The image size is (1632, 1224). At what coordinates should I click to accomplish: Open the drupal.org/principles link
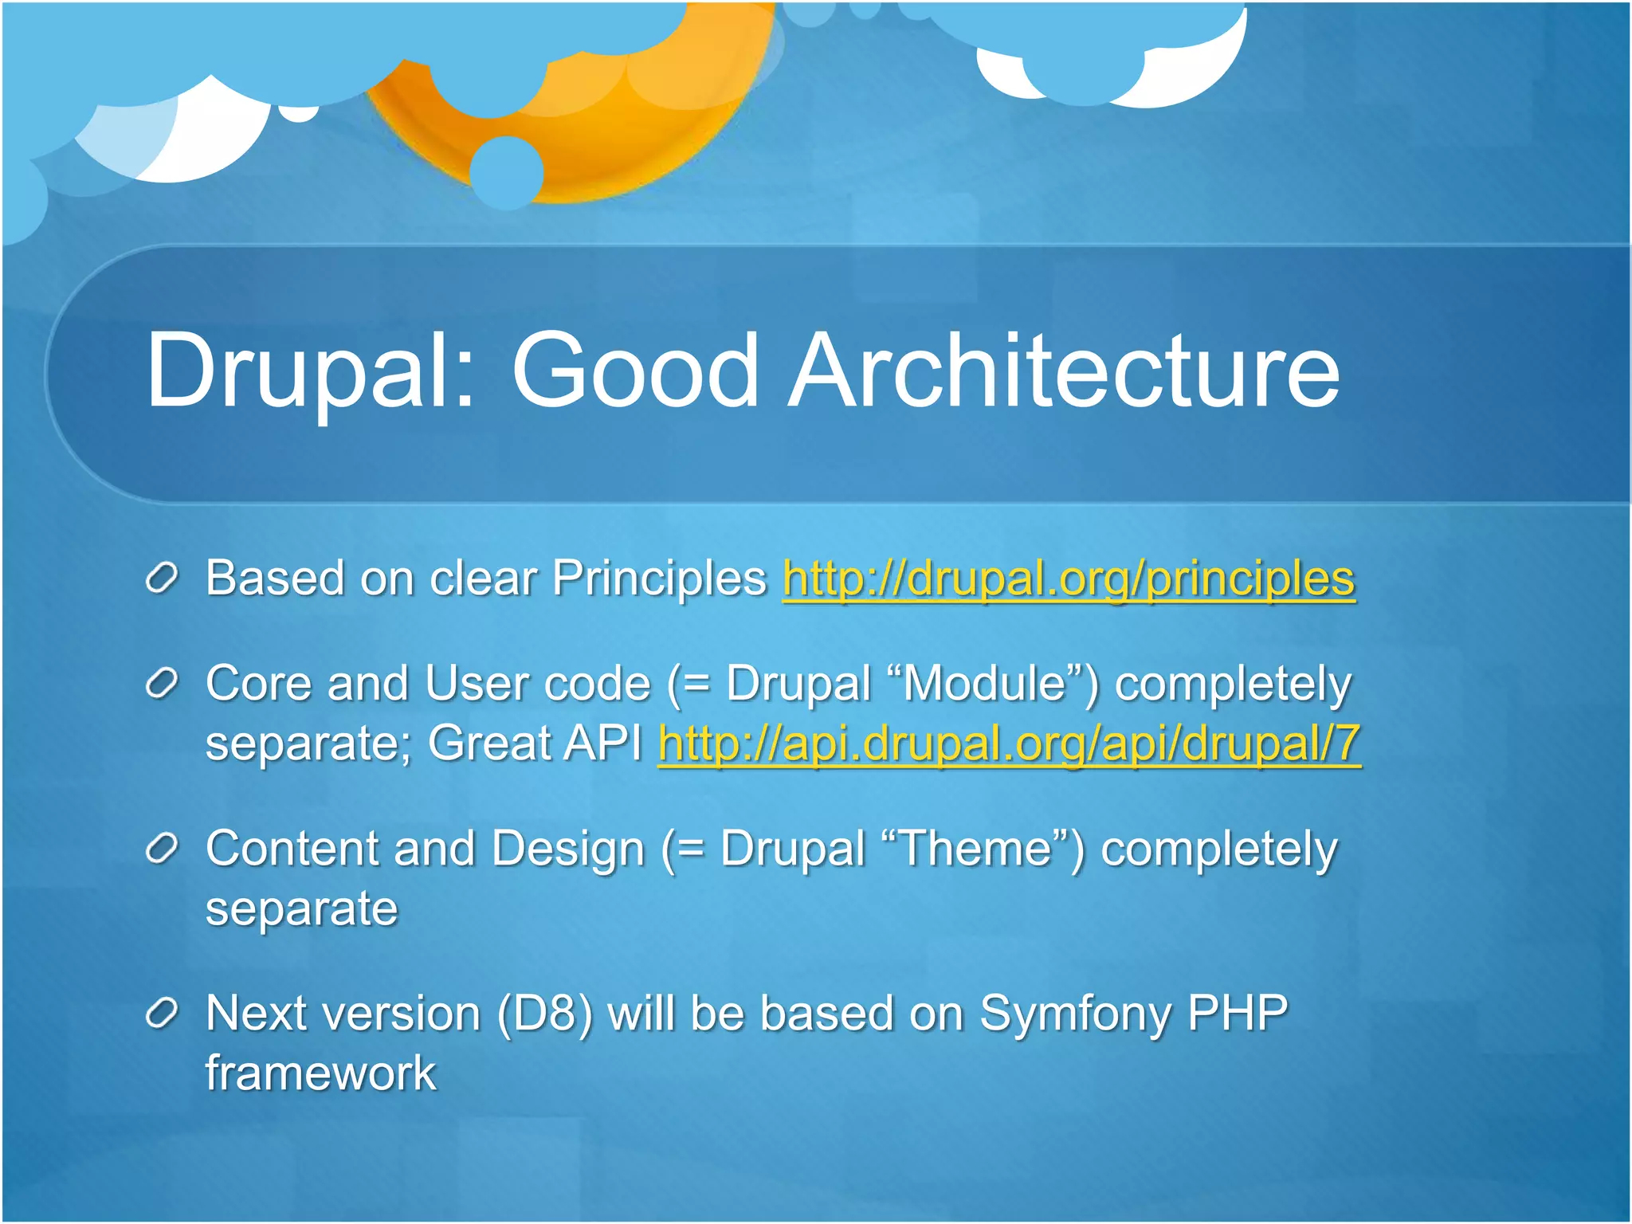[1068, 579]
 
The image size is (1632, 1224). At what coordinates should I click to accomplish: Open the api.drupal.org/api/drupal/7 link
[1009, 744]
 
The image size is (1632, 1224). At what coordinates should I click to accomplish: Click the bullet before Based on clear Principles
[162, 579]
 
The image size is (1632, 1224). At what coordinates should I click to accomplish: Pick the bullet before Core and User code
[162, 685]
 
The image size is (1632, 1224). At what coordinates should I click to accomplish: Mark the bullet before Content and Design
[162, 849]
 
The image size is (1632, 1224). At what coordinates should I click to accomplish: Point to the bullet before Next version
[162, 1014]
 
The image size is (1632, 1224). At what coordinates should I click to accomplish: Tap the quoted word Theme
[975, 849]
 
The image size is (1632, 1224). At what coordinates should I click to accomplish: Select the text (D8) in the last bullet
[545, 1014]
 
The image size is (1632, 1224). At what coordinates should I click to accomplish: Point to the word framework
[320, 1073]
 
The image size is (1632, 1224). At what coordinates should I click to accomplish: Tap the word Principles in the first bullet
[659, 579]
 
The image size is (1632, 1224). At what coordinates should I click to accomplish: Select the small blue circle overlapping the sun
[507, 172]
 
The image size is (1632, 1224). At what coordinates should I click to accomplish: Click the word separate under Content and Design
[301, 909]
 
